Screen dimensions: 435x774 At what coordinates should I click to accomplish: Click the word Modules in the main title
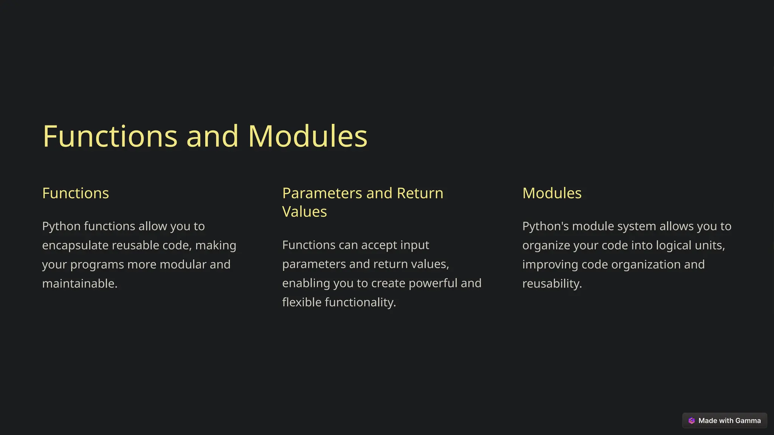[x=308, y=136]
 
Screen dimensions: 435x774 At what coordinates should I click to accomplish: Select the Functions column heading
[x=76, y=193]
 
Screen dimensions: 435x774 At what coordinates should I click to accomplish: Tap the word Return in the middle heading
[x=420, y=193]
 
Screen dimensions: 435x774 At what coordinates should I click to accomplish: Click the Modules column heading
[x=552, y=193]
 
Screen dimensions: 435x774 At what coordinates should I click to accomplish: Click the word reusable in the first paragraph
[x=135, y=245]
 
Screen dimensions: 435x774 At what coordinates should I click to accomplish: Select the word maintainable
[x=80, y=284]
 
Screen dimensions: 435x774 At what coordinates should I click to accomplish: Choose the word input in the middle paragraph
[x=415, y=245]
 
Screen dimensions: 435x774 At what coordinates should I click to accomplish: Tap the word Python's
[x=545, y=227]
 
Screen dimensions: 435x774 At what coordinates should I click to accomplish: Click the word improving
[x=550, y=265]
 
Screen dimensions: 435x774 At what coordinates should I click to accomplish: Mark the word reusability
[x=552, y=284]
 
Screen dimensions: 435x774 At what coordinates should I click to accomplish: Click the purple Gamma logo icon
[x=692, y=421]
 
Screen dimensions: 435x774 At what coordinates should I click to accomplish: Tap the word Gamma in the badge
[x=748, y=421]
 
